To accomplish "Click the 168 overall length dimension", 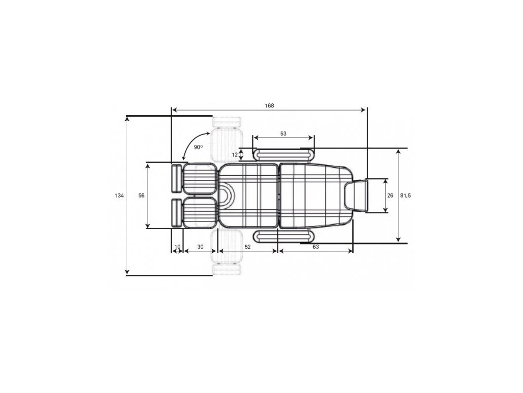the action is tap(270, 106).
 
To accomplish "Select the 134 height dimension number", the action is tap(119, 196).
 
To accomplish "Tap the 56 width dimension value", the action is tap(141, 196).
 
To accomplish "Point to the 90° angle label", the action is tap(198, 147).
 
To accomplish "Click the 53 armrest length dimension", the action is tap(283, 134).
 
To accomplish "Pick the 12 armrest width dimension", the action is tap(235, 155).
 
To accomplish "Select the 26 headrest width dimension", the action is tap(390, 196).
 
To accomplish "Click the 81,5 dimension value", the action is tap(406, 196).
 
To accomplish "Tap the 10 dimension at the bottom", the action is tap(177, 247).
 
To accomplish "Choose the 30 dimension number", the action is tap(200, 247).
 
